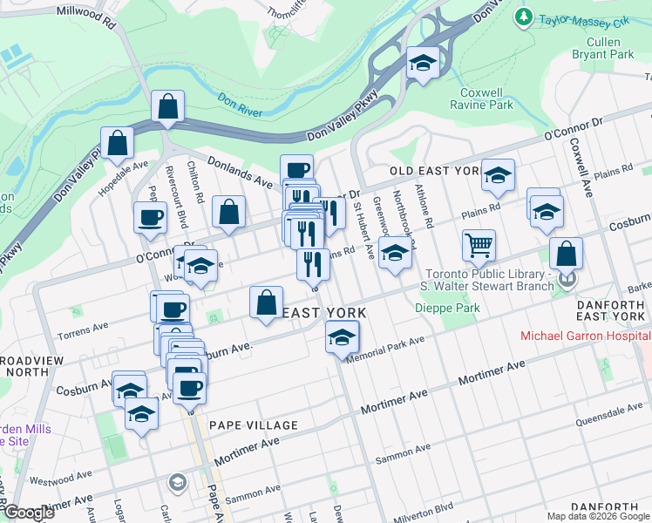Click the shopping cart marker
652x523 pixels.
(x=479, y=246)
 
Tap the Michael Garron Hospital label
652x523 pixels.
(x=584, y=336)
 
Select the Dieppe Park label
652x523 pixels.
(x=446, y=308)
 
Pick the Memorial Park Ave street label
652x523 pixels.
(x=385, y=350)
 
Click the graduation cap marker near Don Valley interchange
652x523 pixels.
(x=423, y=63)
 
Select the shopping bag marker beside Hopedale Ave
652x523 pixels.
(x=117, y=143)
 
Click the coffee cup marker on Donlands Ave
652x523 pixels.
(x=296, y=169)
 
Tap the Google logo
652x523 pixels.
(x=28, y=513)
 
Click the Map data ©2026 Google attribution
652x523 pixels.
(x=598, y=516)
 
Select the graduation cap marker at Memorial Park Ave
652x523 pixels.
(x=342, y=336)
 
